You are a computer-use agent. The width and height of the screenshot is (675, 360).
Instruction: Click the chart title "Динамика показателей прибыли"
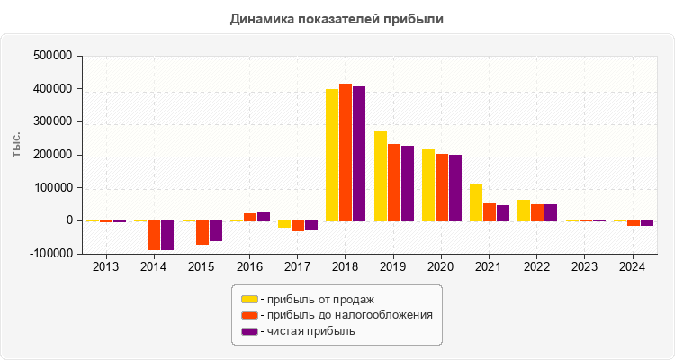(x=337, y=18)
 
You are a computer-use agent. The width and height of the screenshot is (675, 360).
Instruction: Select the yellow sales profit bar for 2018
(x=332, y=155)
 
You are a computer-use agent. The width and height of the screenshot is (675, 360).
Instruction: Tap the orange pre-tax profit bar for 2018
(x=346, y=152)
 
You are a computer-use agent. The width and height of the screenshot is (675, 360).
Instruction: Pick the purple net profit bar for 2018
(x=359, y=154)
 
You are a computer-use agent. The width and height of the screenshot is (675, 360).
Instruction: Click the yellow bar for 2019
(x=381, y=176)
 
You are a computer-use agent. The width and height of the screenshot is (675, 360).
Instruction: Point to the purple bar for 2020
(x=455, y=188)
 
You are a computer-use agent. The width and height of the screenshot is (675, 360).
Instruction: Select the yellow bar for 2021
(x=476, y=202)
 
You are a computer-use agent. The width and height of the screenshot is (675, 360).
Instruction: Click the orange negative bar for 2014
(x=154, y=235)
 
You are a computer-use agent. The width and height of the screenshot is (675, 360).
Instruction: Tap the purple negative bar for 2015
(x=216, y=230)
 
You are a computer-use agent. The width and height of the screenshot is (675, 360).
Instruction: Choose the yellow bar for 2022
(x=524, y=211)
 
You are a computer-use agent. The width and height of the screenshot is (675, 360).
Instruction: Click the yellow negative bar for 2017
(x=284, y=224)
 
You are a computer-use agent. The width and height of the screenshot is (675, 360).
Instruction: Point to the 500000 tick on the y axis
(x=51, y=56)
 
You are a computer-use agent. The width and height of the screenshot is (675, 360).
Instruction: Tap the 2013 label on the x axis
(x=106, y=267)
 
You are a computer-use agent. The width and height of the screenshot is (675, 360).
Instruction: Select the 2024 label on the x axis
(x=633, y=267)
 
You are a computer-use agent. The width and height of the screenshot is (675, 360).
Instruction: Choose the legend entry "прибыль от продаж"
(x=316, y=299)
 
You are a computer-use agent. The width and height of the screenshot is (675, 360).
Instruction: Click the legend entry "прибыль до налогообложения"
(x=346, y=315)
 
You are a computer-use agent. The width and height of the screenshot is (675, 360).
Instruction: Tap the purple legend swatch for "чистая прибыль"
(x=249, y=331)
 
